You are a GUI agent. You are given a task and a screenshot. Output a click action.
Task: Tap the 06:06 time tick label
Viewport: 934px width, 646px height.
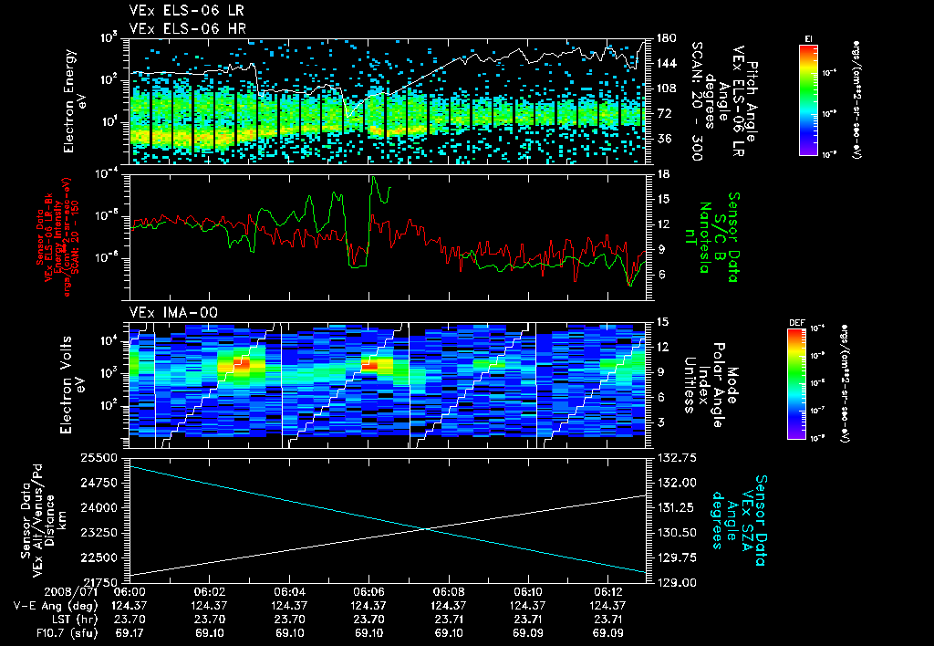pos(368,591)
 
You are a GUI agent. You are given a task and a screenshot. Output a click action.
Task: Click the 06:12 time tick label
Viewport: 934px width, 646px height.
pos(606,591)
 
